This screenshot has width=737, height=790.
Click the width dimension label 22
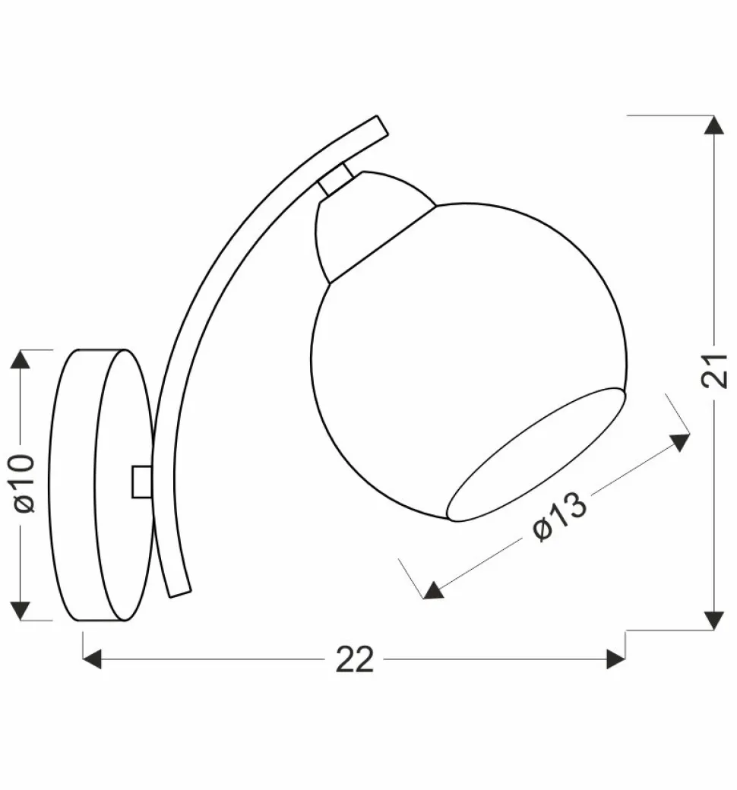(x=355, y=659)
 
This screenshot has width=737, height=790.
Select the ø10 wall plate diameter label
(x=22, y=484)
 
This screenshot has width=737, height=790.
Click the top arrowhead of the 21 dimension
(x=713, y=125)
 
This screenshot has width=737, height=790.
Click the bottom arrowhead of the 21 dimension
(x=713, y=620)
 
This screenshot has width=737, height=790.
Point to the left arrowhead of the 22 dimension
(x=92, y=659)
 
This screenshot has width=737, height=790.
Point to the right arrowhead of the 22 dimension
(x=616, y=659)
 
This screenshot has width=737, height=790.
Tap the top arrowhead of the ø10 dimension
(x=20, y=359)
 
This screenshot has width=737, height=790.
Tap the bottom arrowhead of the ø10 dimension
(x=20, y=610)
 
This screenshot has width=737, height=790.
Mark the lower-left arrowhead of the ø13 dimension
(x=433, y=590)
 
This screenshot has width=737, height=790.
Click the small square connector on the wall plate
(x=141, y=482)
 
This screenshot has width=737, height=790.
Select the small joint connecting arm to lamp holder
(x=335, y=181)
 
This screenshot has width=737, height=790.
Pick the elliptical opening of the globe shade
(x=536, y=456)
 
